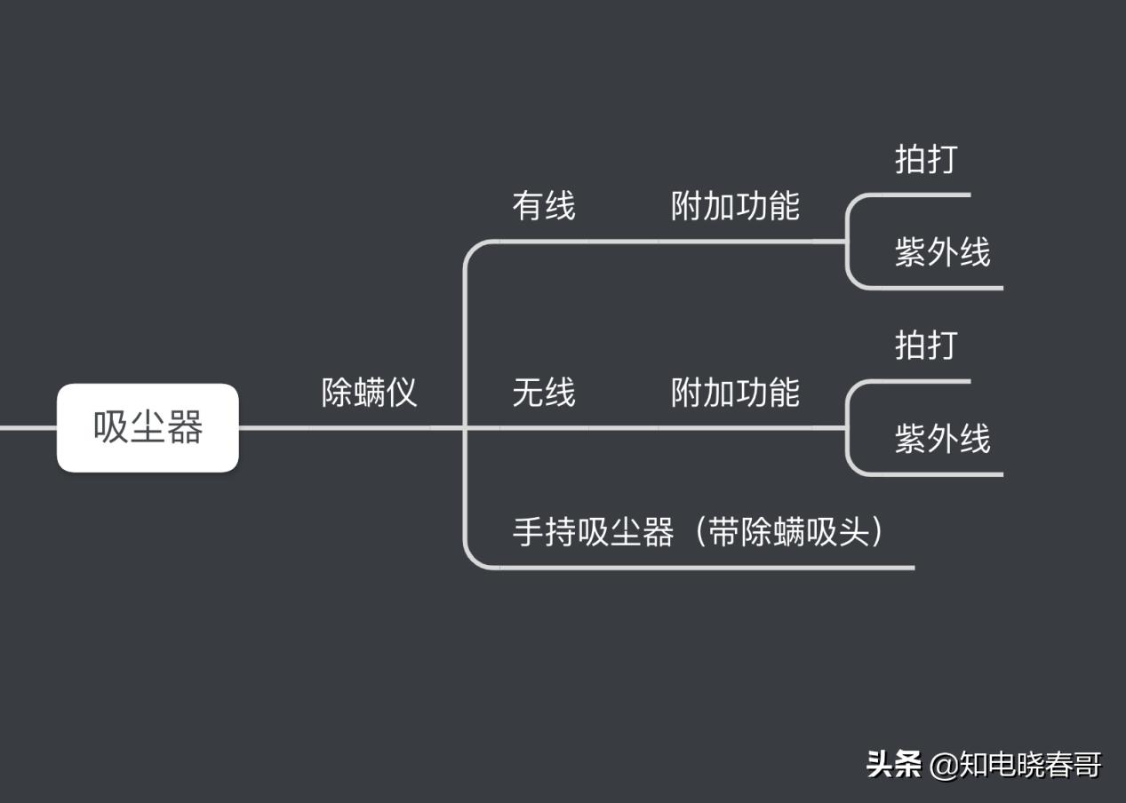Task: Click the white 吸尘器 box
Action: (x=148, y=427)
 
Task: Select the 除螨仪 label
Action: (x=369, y=392)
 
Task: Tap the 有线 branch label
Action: (x=544, y=206)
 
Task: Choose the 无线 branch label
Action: (x=544, y=392)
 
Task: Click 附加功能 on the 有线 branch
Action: (x=735, y=206)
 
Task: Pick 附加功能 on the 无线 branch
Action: (x=735, y=392)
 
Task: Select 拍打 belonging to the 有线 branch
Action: (x=926, y=160)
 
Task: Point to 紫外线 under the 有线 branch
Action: (x=942, y=253)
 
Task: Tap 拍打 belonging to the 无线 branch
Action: (x=926, y=346)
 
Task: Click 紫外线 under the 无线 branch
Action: (x=942, y=439)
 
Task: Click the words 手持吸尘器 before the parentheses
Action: (x=593, y=532)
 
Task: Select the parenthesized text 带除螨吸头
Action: (x=787, y=532)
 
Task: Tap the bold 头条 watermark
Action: (x=894, y=764)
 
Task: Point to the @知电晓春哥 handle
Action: (x=1016, y=764)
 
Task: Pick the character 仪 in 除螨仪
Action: (x=401, y=392)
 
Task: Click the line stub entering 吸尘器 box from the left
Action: (x=27, y=427)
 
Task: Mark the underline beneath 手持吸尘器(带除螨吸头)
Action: (x=711, y=567)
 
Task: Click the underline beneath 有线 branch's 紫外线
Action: (x=942, y=288)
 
